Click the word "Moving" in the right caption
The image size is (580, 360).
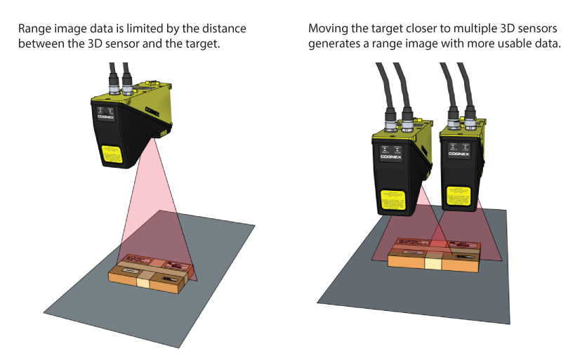click(326, 29)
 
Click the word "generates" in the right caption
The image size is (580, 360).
click(332, 44)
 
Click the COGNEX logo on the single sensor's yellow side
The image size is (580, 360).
click(156, 109)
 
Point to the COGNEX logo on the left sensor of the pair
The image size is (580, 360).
click(390, 158)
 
